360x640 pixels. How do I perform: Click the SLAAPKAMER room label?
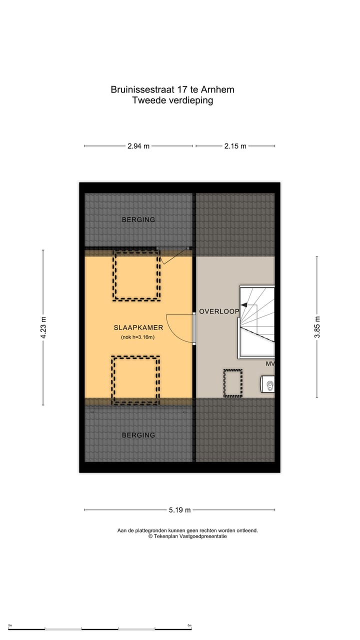click(x=138, y=327)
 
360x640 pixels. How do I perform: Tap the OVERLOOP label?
click(x=219, y=311)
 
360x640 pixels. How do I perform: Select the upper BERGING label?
click(x=138, y=219)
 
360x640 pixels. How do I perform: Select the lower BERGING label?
click(x=138, y=435)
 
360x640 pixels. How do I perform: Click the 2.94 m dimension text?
click(x=138, y=146)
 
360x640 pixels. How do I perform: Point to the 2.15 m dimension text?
click(x=235, y=146)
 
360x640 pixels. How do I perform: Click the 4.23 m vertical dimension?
click(x=43, y=327)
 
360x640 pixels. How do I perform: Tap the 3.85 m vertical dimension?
click(x=317, y=327)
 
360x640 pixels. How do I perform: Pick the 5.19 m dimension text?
click(x=179, y=510)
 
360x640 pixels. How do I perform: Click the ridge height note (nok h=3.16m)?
click(x=138, y=337)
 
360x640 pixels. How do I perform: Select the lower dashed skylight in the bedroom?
click(x=135, y=380)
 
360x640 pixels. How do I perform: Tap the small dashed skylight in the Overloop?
click(x=232, y=383)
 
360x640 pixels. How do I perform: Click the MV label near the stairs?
click(x=270, y=363)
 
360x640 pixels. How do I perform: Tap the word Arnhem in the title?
click(x=217, y=90)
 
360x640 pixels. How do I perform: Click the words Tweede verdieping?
click(x=172, y=100)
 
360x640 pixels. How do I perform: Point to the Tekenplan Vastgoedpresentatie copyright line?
click(x=187, y=536)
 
